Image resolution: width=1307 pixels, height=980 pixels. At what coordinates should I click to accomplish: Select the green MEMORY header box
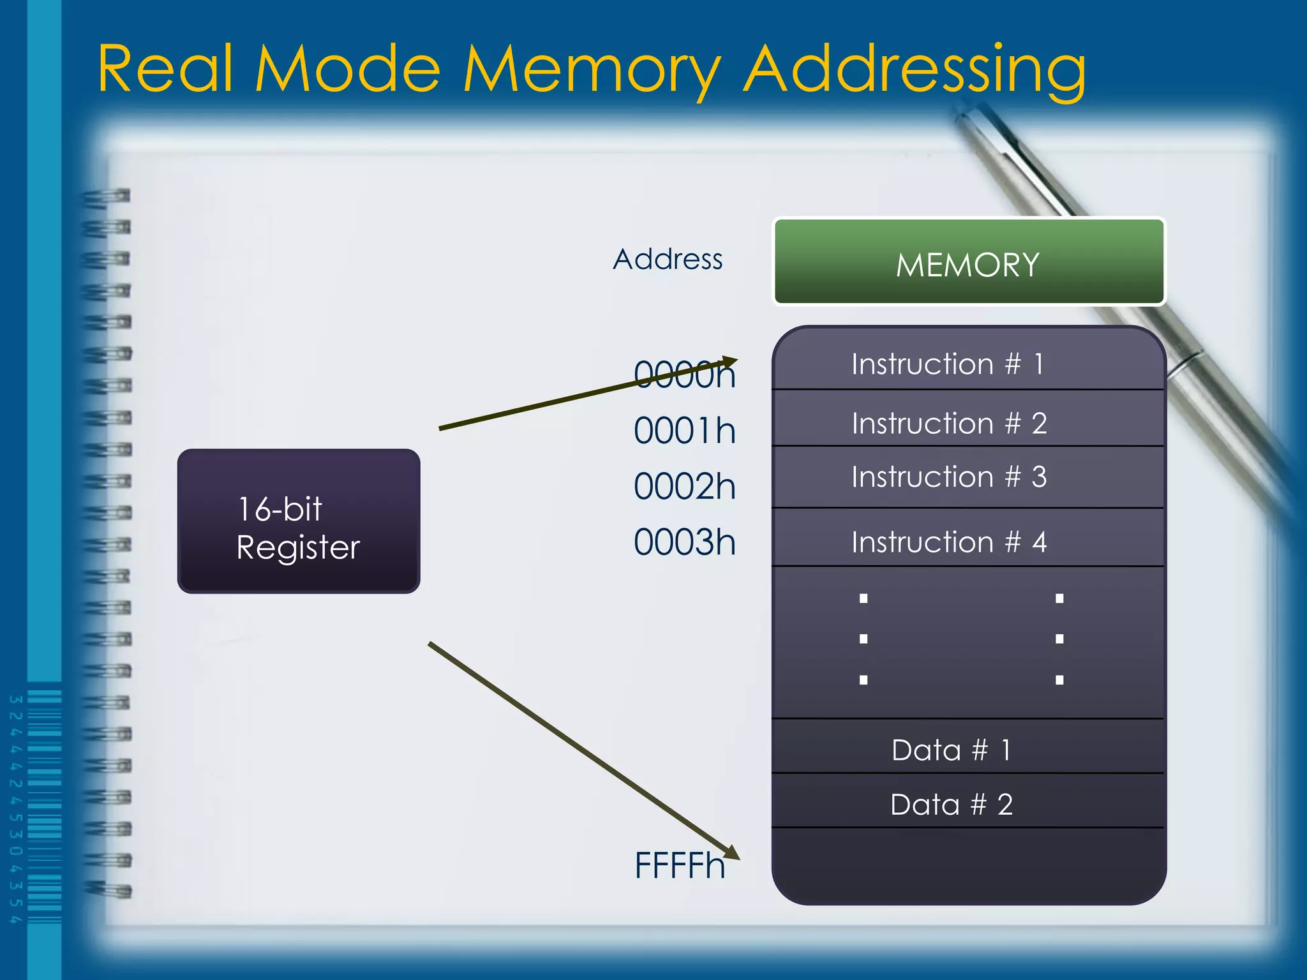(x=968, y=262)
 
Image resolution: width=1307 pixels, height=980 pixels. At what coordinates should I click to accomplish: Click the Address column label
(x=668, y=260)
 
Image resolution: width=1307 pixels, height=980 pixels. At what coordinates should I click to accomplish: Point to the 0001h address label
(x=684, y=431)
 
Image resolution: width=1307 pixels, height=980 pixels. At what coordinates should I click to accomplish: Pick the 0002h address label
(x=684, y=487)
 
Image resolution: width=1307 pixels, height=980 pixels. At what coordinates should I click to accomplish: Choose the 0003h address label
(x=684, y=543)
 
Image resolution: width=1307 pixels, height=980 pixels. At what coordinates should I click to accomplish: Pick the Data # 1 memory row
(x=951, y=750)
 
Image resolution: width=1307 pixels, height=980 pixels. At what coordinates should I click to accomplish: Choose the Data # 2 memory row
(x=951, y=805)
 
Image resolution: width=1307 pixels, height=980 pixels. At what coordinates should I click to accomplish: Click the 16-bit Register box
(x=298, y=521)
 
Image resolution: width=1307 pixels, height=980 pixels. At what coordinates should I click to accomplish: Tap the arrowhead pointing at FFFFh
(x=732, y=853)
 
